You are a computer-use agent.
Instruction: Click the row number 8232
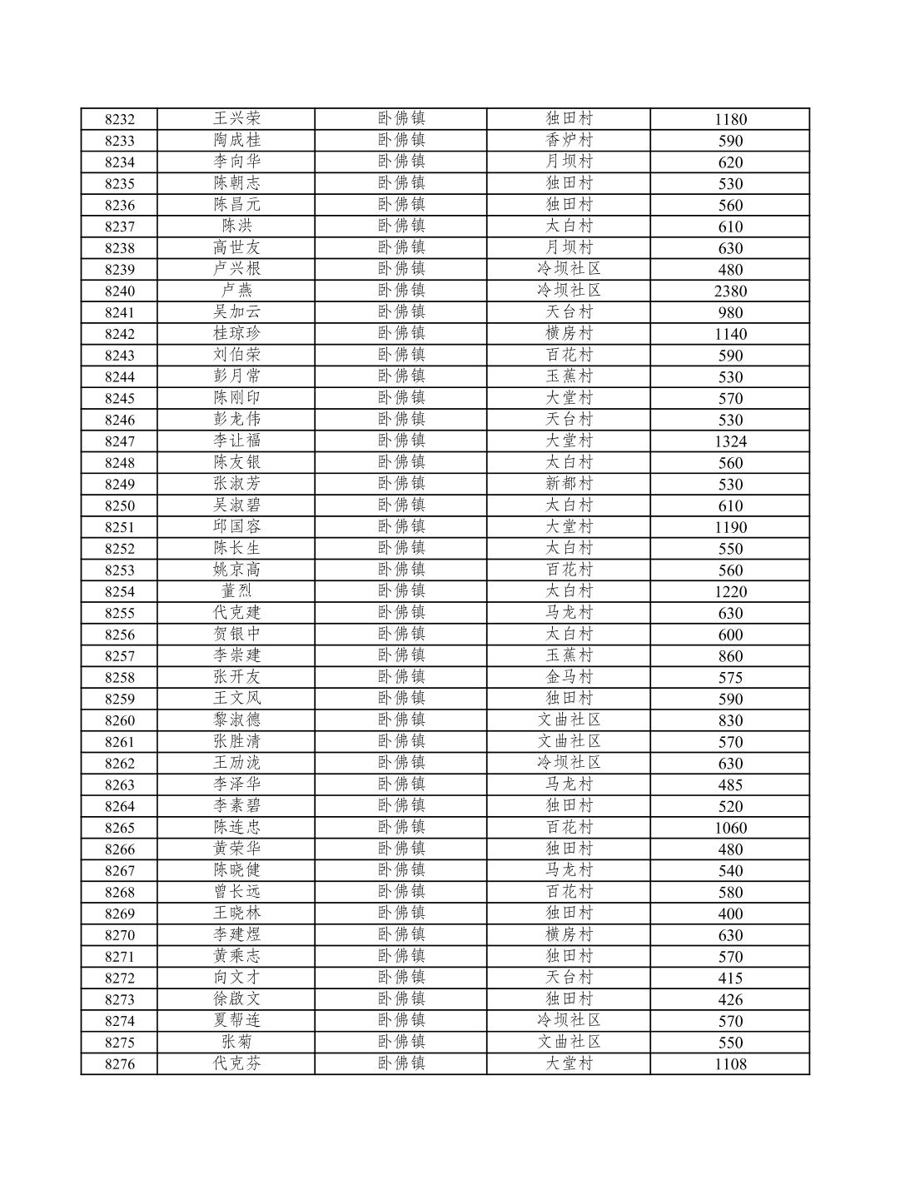(119, 119)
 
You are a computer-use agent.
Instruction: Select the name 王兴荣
(236, 118)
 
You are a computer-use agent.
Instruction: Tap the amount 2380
(730, 291)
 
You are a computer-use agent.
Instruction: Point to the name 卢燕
(236, 290)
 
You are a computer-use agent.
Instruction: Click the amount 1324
(730, 441)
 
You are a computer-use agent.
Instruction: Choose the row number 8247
(119, 441)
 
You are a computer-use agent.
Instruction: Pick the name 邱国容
(236, 526)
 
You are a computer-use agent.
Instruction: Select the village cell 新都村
(569, 484)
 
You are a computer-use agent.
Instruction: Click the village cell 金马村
(569, 677)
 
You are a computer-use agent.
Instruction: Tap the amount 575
(730, 678)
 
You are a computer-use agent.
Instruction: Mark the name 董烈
(236, 591)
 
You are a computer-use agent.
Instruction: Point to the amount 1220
(730, 592)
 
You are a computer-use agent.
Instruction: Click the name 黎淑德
(236, 719)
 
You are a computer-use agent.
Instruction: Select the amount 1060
(730, 828)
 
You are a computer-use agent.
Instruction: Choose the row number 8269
(119, 914)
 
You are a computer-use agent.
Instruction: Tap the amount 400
(730, 914)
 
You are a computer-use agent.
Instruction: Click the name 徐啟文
(236, 998)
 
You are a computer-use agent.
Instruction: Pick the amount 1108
(730, 1064)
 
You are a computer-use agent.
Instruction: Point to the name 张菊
(236, 1042)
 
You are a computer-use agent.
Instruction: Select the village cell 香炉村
(569, 140)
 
